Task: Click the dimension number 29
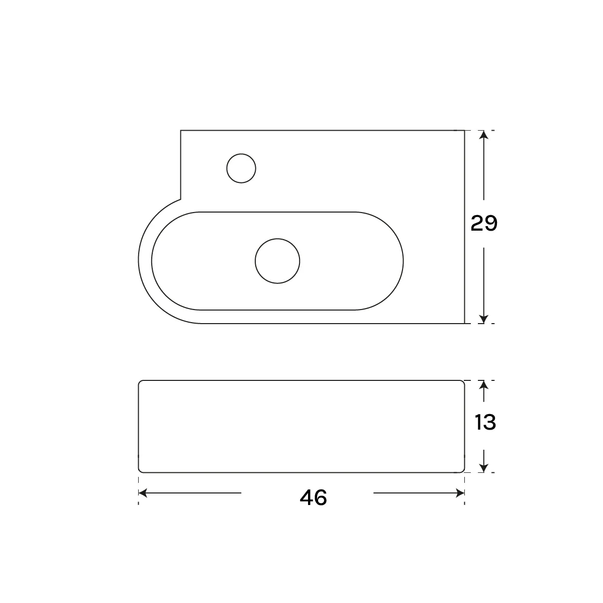click(x=483, y=223)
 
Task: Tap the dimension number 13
click(x=485, y=422)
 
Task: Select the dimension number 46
click(x=313, y=497)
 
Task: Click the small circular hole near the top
click(x=241, y=168)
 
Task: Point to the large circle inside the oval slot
click(x=277, y=261)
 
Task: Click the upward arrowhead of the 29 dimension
click(x=484, y=135)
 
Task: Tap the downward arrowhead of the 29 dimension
click(x=484, y=319)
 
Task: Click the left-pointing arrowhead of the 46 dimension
click(x=143, y=493)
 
